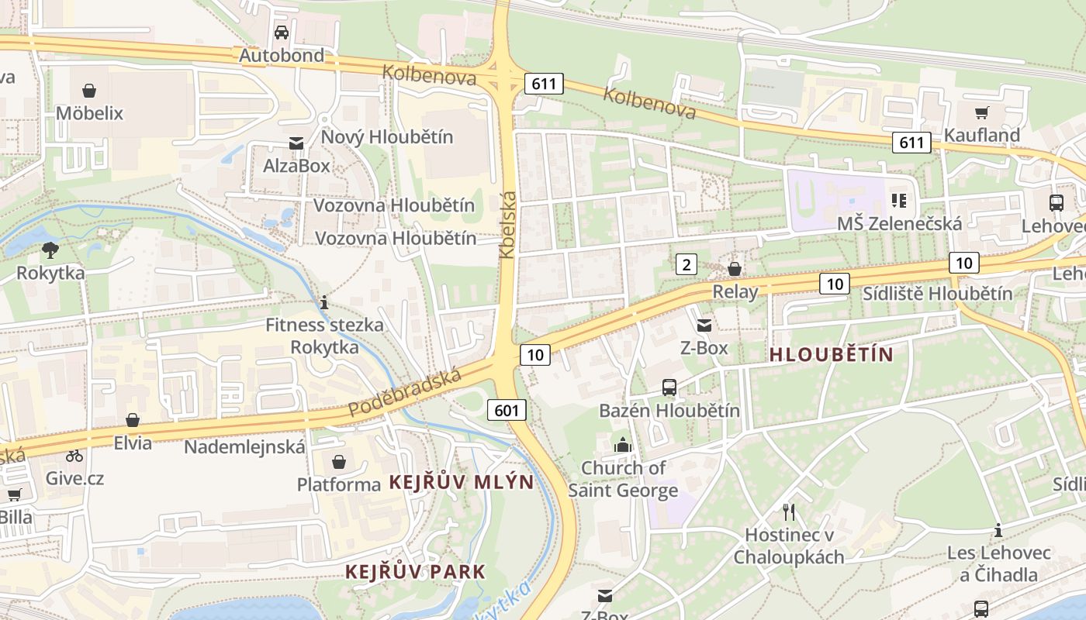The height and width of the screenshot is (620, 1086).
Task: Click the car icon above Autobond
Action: coord(282,33)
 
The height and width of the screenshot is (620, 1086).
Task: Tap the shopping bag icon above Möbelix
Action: coord(89,91)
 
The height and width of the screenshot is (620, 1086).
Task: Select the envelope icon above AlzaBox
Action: coord(296,143)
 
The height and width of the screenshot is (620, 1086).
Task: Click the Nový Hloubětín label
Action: coord(387,137)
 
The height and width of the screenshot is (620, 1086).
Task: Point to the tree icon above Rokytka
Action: coord(50,250)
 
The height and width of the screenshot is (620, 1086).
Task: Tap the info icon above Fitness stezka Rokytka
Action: coord(324,302)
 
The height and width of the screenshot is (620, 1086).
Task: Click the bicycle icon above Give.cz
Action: coord(74,456)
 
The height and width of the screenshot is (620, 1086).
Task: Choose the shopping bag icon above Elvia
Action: coord(133,421)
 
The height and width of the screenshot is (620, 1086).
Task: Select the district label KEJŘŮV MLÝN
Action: coord(461,482)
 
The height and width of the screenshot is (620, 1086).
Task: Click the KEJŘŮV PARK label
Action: coord(415,572)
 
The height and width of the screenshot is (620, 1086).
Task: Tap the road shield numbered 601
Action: coord(507,410)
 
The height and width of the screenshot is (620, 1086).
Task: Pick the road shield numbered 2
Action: coord(686,265)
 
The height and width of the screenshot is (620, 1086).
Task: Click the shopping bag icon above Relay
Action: coord(735,269)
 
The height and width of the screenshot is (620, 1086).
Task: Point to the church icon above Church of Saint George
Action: coord(623,445)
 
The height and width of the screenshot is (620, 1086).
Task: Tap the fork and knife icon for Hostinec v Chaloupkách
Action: coord(789,511)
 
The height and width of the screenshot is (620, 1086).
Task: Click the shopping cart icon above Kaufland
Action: coord(981,112)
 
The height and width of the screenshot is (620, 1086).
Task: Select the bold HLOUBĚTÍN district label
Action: coord(831,355)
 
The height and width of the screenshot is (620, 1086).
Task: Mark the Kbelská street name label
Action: coord(507,225)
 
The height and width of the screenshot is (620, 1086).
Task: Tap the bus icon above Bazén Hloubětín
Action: coord(669,387)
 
